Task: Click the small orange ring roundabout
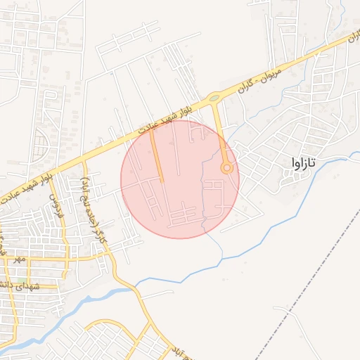(226, 168)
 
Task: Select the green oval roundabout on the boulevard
(214, 98)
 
